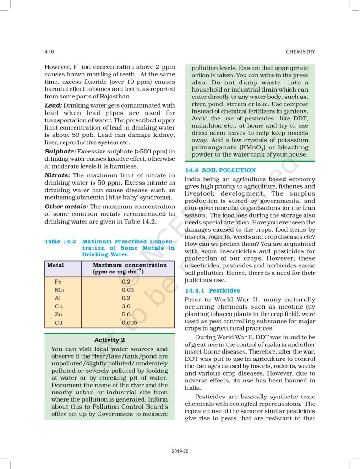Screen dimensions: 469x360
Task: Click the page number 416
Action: click(x=49, y=52)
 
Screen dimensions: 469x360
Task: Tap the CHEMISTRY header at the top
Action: click(x=300, y=52)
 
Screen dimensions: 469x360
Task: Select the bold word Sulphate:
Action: click(x=60, y=151)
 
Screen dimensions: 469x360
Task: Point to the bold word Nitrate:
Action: click(x=57, y=175)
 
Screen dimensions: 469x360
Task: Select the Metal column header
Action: click(x=56, y=265)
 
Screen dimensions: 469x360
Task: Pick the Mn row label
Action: click(x=59, y=290)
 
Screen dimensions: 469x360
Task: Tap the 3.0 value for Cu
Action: click(x=126, y=306)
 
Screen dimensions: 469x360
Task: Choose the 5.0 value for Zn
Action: click(x=126, y=315)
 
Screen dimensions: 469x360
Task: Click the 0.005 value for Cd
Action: click(x=130, y=323)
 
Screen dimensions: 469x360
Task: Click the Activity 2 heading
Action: click(x=109, y=340)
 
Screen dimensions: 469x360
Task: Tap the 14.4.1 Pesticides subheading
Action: click(x=212, y=290)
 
